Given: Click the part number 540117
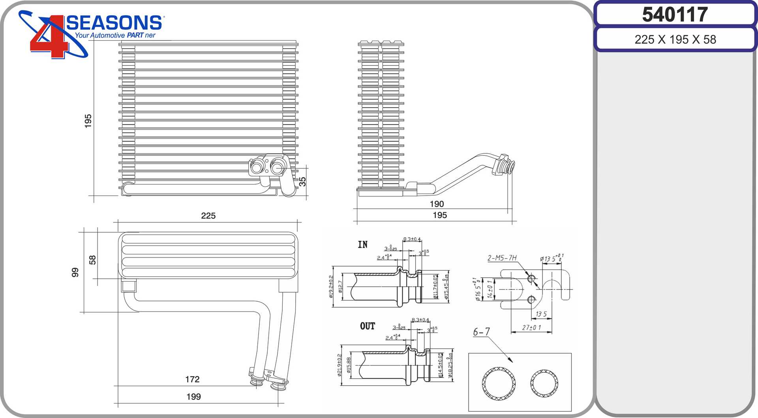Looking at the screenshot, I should click(675, 15).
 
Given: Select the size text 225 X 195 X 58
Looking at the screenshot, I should click(675, 39).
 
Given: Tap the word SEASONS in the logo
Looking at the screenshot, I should click(114, 23).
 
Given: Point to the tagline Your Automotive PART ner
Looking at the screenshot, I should click(115, 35).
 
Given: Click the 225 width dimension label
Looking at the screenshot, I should click(208, 216).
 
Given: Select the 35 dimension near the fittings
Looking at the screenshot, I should click(302, 181).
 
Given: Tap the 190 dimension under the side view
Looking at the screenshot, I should click(437, 204).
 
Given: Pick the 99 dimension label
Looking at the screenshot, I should click(75, 272).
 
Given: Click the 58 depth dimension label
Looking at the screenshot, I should click(92, 259).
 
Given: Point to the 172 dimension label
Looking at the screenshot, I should click(192, 379).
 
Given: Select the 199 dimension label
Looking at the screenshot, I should click(193, 397).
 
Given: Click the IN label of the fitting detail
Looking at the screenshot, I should click(363, 244).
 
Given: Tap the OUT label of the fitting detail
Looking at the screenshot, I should click(367, 326).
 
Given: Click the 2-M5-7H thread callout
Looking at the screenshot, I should click(502, 258).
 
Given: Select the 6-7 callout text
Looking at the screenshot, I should click(481, 332).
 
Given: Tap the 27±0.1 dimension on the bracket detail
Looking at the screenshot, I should click(531, 327).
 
